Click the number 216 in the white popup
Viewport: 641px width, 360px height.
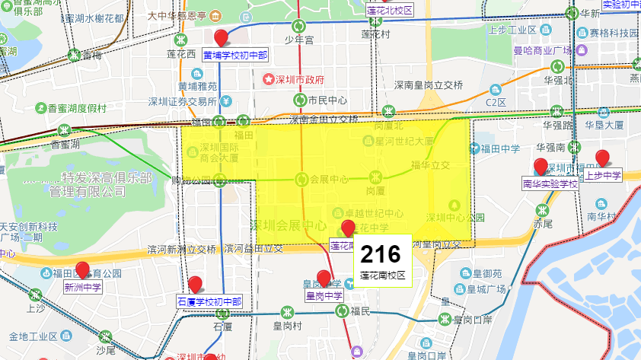click(381, 253)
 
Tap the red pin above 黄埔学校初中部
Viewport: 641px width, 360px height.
click(222, 38)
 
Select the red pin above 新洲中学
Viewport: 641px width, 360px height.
click(82, 269)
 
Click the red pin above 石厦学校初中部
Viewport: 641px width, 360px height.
click(195, 285)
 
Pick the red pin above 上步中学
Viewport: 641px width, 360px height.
click(602, 158)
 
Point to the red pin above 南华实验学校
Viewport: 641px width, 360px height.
click(541, 166)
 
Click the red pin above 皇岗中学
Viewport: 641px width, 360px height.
click(324, 278)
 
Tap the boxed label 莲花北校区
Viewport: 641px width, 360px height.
click(389, 11)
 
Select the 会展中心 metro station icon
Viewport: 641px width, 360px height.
click(300, 180)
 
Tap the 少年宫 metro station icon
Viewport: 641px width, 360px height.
click(300, 25)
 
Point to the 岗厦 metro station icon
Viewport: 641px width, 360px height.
click(374, 177)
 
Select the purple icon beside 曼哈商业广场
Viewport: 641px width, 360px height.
click(581, 50)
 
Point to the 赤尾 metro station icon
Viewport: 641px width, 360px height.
click(543, 211)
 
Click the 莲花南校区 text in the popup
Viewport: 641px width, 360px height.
click(383, 275)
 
